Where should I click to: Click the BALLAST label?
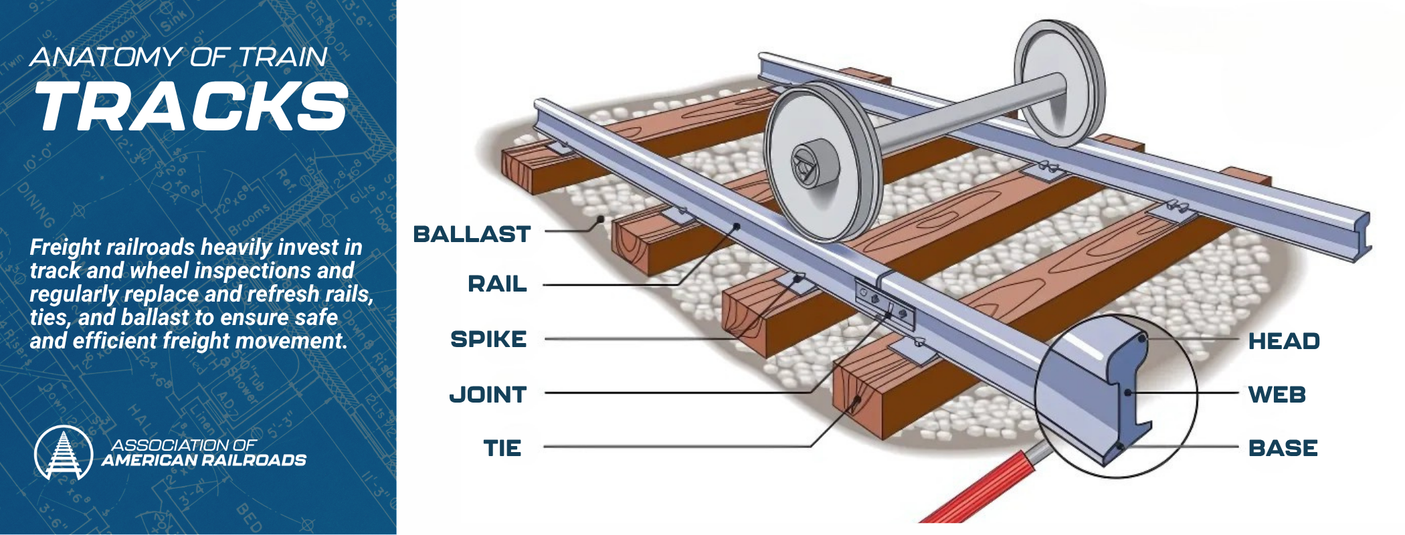[472, 234]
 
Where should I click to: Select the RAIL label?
[497, 284]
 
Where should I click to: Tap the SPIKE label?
[488, 339]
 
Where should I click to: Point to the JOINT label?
[488, 395]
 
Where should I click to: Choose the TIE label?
[502, 447]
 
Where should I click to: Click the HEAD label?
[1283, 341]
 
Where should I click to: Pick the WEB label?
[1277, 395]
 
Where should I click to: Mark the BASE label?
[1283, 447]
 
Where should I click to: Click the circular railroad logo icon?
[64, 453]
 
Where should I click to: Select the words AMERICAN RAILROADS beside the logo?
[204, 460]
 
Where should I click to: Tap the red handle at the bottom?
[977, 488]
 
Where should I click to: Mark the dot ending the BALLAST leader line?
[601, 219]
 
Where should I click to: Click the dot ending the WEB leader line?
[1129, 393]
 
